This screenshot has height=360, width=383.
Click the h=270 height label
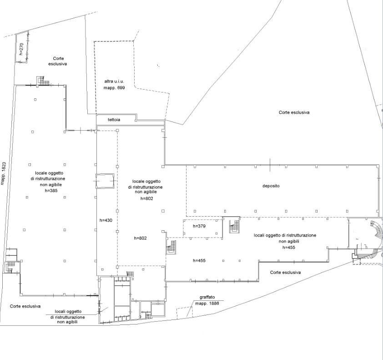click(21, 49)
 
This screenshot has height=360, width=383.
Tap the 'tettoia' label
click(114, 120)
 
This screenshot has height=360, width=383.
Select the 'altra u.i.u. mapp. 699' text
click(114, 85)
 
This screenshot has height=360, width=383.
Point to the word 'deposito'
click(271, 186)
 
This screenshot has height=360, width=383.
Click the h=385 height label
click(51, 191)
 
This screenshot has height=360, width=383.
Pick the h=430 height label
click(106, 220)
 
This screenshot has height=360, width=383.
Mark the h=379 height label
click(199, 226)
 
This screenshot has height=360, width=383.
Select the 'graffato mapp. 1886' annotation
click(207, 300)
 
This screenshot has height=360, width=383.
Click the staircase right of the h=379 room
click(234, 226)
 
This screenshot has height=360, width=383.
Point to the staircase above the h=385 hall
click(43, 81)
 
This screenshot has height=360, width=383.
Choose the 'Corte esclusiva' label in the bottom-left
click(25, 306)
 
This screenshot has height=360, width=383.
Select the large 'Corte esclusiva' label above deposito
click(294, 112)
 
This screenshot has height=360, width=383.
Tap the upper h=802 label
click(146, 198)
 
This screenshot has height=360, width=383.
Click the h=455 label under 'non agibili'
click(289, 247)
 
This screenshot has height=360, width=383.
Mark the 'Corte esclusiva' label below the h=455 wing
click(285, 272)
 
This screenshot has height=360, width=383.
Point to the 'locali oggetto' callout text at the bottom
click(68, 312)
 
